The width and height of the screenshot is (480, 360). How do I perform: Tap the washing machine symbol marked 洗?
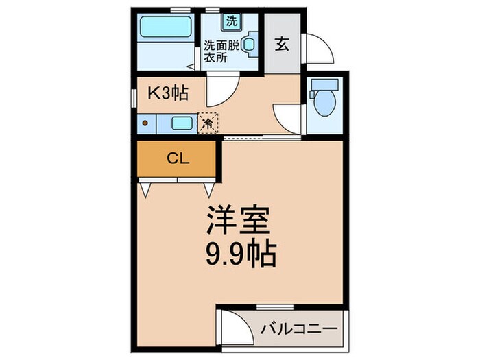coord(231,21)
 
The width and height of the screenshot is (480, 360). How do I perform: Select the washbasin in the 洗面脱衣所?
coord(250,44)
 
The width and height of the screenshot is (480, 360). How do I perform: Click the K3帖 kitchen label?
coord(169,93)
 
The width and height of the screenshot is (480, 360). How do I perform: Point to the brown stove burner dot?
coord(146,123)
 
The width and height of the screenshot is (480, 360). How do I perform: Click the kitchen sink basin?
coord(182,123)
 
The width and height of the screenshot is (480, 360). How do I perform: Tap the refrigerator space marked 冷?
coord(207,124)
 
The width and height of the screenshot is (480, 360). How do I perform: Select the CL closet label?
coord(178,158)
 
